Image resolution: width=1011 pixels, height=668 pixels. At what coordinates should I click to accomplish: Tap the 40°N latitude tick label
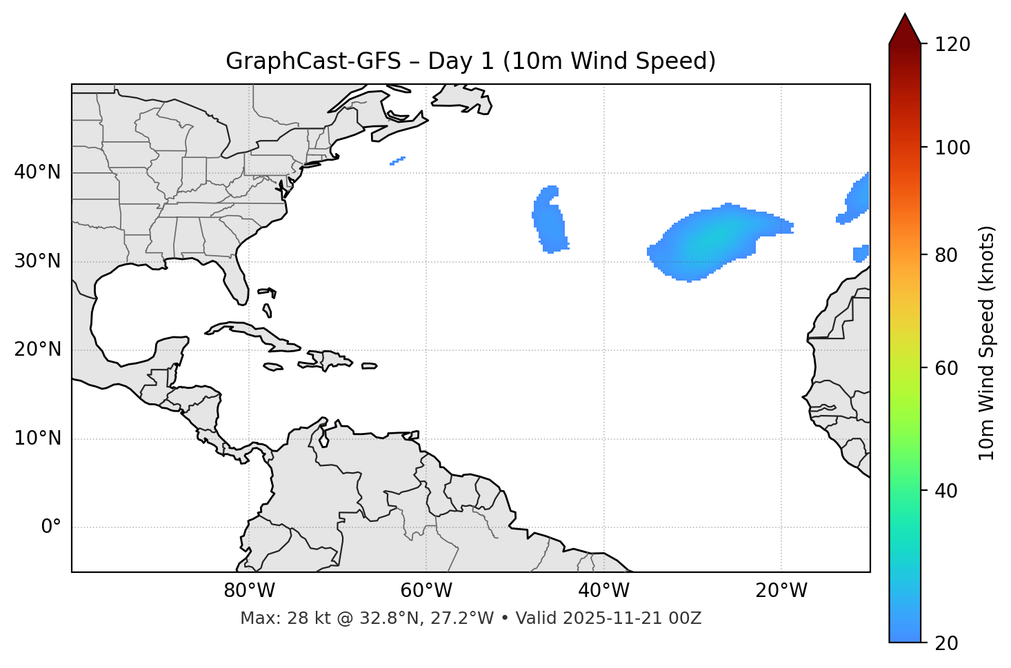point(37,172)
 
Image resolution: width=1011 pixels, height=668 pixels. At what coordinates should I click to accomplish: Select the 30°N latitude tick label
point(37,261)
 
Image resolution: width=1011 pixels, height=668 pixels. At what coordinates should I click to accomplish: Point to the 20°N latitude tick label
point(37,350)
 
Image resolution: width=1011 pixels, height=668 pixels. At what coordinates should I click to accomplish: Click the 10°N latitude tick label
point(37,438)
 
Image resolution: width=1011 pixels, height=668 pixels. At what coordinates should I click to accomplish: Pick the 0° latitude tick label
point(51,527)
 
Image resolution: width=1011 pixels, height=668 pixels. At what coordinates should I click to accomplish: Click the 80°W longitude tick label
point(249,591)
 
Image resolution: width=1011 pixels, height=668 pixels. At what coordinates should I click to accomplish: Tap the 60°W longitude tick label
point(426,591)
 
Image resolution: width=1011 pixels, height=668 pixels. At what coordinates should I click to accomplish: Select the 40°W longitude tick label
point(603,591)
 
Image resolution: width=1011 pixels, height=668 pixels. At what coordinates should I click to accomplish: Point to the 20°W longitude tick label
point(781,591)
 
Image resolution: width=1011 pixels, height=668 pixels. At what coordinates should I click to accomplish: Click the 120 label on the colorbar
point(954,45)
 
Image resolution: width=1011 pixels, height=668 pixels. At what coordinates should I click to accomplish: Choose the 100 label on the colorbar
point(954,148)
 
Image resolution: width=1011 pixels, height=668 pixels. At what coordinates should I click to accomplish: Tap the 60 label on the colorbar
point(949,368)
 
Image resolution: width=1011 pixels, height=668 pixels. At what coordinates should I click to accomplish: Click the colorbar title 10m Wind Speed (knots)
point(987,343)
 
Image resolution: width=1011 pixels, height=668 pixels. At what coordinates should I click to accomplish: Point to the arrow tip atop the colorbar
point(905,15)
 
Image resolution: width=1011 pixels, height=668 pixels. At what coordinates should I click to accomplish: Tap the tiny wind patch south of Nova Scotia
point(397,161)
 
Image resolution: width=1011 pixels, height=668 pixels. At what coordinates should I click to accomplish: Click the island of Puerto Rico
point(370,366)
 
